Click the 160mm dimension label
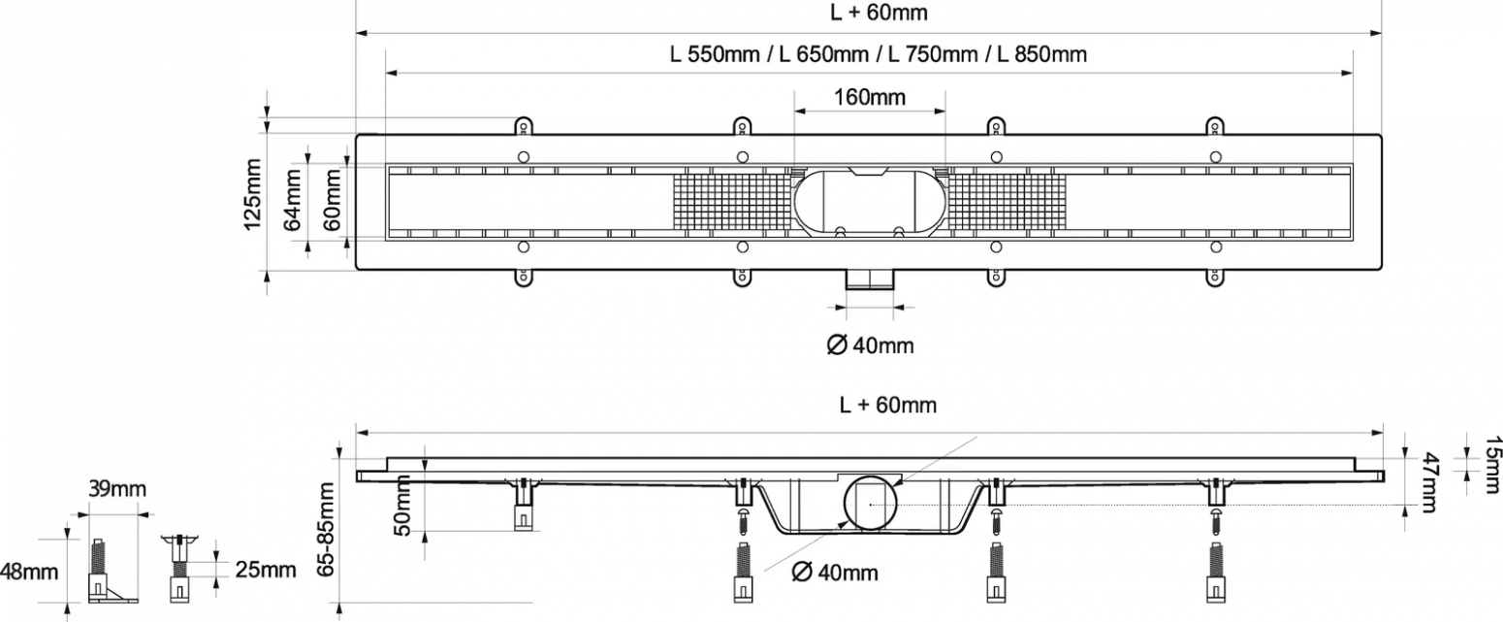click(870, 97)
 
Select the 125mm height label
click(252, 194)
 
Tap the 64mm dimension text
click(293, 200)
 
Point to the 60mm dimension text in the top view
click(333, 200)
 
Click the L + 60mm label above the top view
click(879, 12)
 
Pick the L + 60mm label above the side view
click(887, 405)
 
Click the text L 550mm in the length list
click(715, 53)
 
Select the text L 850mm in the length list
click(1042, 53)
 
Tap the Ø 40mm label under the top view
click(870, 345)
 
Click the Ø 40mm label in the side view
click(835, 573)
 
